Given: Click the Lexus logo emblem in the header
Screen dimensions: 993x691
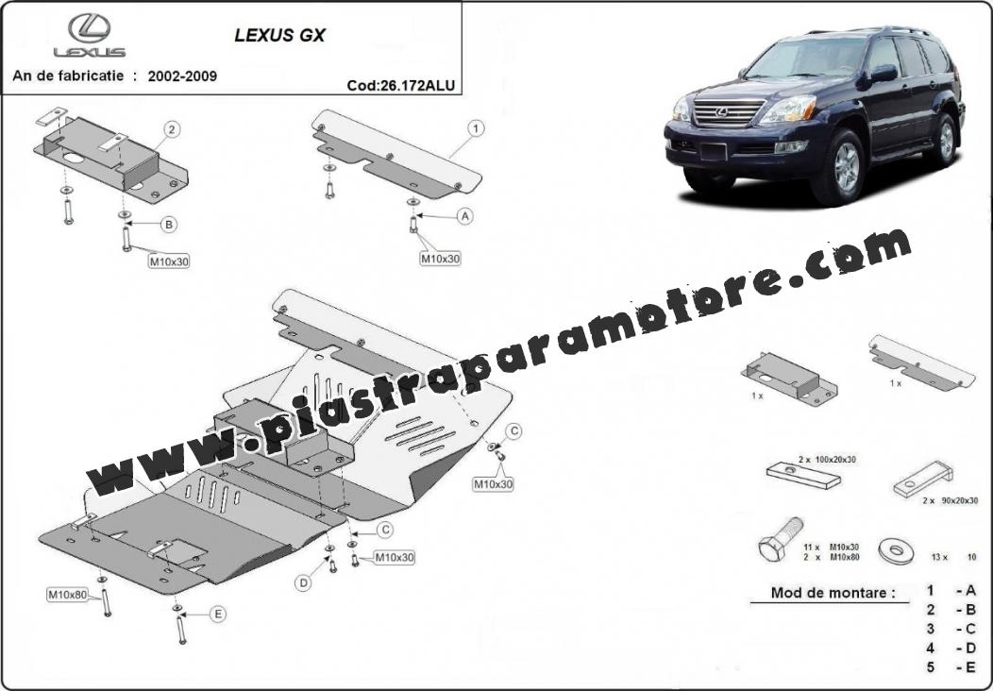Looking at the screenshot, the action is tap(90, 28).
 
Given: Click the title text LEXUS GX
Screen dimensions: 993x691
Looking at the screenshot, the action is tap(280, 36).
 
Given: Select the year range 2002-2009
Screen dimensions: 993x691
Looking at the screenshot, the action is tap(182, 76).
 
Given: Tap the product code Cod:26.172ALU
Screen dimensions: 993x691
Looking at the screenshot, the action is tap(401, 86).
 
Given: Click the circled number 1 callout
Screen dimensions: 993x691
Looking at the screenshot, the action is tap(476, 128).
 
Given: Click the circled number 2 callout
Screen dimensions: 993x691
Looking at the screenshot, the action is tap(172, 130).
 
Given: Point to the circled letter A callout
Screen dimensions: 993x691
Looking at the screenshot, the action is tap(465, 216).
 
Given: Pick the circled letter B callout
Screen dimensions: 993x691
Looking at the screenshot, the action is tap(168, 225).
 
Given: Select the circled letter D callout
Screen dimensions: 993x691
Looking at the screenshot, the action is tap(304, 582).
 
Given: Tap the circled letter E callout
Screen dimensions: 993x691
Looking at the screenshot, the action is tap(218, 614).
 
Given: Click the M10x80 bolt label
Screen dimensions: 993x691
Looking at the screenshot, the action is tap(68, 595).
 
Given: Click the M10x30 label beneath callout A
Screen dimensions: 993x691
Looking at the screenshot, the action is tap(441, 259).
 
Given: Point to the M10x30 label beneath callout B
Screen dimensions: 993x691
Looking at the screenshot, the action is tap(169, 261).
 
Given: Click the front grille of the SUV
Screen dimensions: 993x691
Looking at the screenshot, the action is tap(729, 112).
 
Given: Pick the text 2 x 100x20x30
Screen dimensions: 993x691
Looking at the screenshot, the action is tap(827, 459).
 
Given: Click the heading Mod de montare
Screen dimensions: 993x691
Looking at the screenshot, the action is tap(833, 594).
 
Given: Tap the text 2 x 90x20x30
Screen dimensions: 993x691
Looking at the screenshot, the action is tap(950, 500).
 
